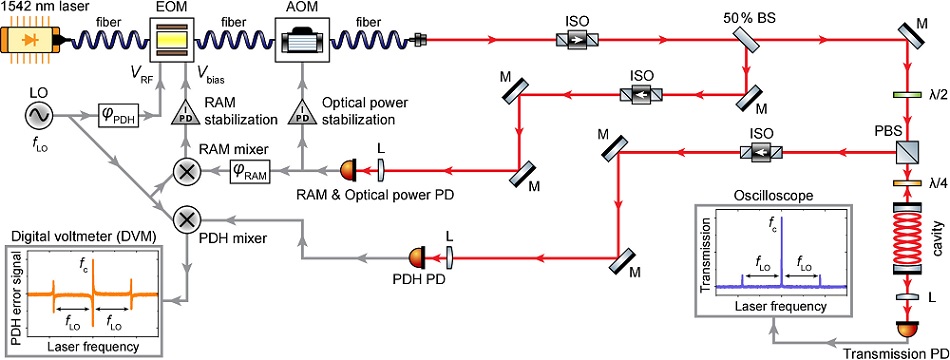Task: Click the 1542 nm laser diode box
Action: [x=35, y=41]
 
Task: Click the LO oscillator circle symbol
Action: [x=41, y=116]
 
